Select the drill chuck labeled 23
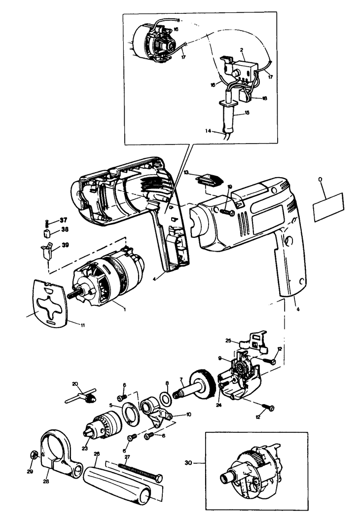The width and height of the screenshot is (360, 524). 105,424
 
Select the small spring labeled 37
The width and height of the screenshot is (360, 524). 47,222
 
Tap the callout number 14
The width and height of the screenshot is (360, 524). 208,131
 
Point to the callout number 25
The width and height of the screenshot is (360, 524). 228,340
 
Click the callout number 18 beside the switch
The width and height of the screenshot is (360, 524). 264,98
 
